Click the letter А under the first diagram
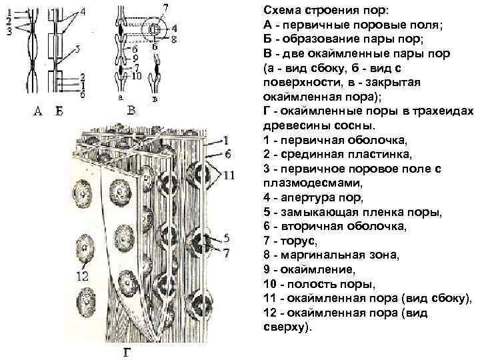point(38,111)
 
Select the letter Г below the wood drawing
point(127,352)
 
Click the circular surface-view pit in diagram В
point(155,29)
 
